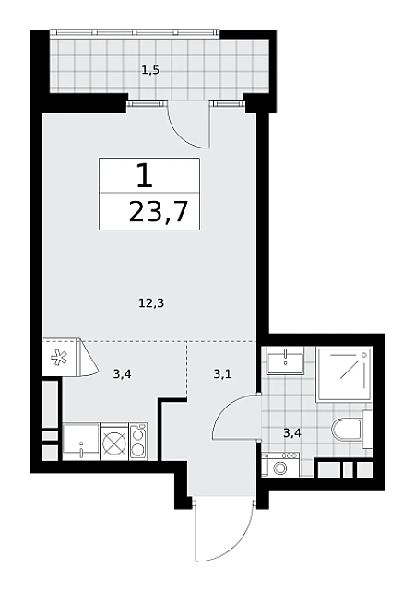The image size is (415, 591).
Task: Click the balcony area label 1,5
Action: pos(150,70)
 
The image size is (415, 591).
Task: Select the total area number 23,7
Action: pos(159,212)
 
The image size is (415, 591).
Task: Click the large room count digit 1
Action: pos(145,176)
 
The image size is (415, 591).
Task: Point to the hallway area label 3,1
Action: pos(222,374)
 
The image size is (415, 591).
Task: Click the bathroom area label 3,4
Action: pos(292,433)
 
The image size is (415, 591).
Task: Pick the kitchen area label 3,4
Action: pos(122,374)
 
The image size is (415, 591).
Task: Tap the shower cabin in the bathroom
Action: pos(344,374)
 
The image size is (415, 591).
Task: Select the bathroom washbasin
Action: pos(285,361)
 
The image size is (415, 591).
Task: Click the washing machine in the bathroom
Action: pos(280,464)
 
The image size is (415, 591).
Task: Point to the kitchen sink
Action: pos(81,442)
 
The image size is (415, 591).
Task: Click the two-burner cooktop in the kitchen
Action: pos(138,441)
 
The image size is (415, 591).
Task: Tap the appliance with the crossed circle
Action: pos(114,442)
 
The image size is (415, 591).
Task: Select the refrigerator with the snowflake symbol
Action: pos(60,357)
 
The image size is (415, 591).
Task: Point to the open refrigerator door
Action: pos(88,358)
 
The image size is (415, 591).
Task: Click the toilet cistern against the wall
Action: pos(367,430)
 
